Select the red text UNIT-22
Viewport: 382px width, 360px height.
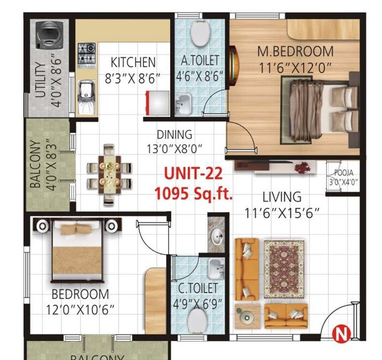pyautogui.click(x=194, y=174)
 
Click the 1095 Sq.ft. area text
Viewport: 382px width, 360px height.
pyautogui.click(x=194, y=192)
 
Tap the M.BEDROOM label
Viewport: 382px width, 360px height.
pyautogui.click(x=295, y=52)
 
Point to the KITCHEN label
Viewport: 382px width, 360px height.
pyautogui.click(x=133, y=62)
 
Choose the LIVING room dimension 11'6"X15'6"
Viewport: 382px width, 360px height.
pyautogui.click(x=282, y=211)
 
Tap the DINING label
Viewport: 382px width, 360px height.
pyautogui.click(x=174, y=134)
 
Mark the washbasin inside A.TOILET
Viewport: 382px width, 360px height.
pyautogui.click(x=184, y=101)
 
